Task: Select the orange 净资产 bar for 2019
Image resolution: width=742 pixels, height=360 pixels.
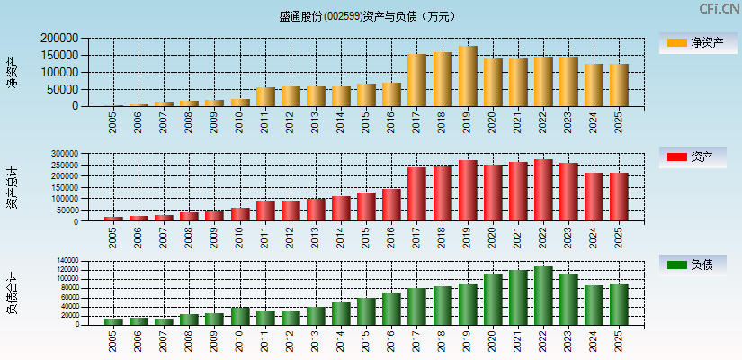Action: point(468,76)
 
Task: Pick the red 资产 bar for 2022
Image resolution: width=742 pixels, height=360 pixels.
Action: point(543,190)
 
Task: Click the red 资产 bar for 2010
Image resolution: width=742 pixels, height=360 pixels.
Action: point(240,214)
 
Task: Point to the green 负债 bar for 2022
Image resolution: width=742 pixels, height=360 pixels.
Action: point(543,295)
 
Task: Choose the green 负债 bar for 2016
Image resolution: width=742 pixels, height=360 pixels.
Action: point(391,308)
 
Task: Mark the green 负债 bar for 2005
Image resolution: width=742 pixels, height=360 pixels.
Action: point(113,321)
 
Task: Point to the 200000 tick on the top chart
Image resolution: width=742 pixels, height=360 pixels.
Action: point(59,39)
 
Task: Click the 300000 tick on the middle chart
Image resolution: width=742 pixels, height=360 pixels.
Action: point(76,154)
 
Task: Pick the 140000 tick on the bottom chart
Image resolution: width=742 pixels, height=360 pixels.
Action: point(77,261)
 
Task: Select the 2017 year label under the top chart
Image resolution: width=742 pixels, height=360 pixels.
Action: point(416,121)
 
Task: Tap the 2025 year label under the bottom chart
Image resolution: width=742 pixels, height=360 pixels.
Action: point(619,338)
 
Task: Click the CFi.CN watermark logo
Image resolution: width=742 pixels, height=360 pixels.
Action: point(719,8)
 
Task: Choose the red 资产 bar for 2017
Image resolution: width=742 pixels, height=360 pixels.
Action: point(416,193)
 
